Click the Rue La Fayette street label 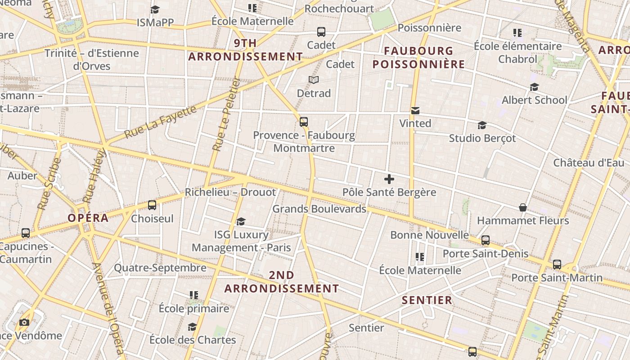tap(161, 121)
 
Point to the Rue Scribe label tap(49, 184)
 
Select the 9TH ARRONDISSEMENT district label tap(245, 50)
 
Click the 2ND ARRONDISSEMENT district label tap(282, 282)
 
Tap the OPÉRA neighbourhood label tap(88, 218)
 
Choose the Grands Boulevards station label tap(319, 209)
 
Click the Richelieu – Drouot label tap(230, 192)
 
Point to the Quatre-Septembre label tap(160, 268)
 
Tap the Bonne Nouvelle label tap(429, 235)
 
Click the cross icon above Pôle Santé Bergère tap(389, 180)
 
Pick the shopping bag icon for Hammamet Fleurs tap(523, 207)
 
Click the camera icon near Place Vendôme tap(24, 322)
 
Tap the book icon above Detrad tap(314, 80)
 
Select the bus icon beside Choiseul tap(152, 205)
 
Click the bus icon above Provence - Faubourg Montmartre tap(304, 122)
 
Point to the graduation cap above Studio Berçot tap(482, 125)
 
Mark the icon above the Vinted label tap(415, 110)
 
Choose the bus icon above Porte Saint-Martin tap(557, 265)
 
